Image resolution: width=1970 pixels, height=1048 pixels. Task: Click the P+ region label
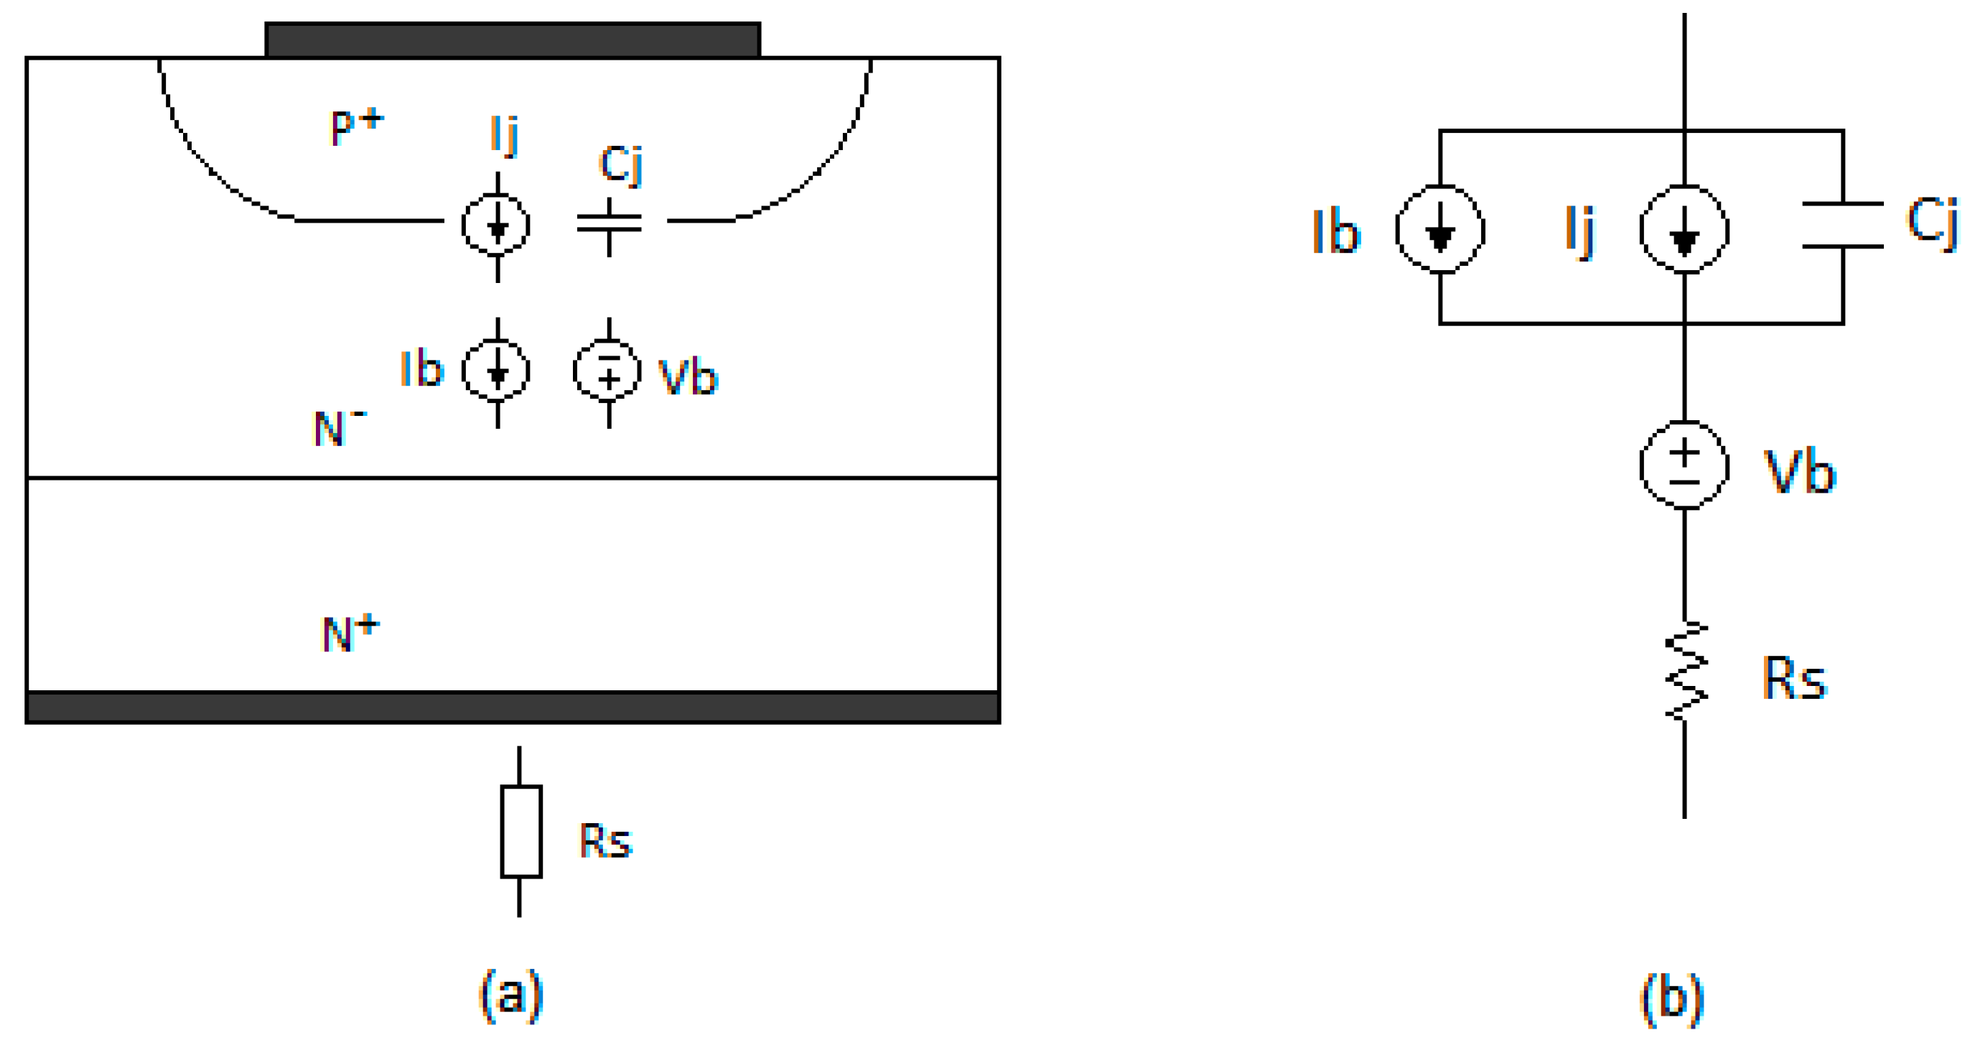click(355, 126)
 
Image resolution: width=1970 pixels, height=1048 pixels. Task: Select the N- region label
click(339, 427)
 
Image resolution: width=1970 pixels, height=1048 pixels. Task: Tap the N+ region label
click(350, 633)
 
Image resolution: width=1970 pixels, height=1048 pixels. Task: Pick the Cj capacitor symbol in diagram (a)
click(609, 223)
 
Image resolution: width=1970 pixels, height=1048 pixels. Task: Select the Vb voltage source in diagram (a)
click(608, 372)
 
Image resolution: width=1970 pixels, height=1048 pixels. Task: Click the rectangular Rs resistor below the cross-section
click(520, 832)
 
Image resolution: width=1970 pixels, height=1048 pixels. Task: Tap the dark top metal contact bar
click(513, 40)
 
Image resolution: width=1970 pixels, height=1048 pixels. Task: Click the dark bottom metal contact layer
click(513, 707)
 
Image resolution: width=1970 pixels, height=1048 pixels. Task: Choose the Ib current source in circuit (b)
click(1440, 229)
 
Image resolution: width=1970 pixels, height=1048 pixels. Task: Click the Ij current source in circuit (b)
click(1684, 229)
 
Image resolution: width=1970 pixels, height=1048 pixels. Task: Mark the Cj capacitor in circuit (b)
click(1842, 226)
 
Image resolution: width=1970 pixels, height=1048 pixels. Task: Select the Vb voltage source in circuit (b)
click(1684, 465)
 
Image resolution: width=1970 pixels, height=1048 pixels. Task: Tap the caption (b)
click(1673, 998)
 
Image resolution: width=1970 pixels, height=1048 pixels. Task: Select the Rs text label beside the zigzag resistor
click(1793, 679)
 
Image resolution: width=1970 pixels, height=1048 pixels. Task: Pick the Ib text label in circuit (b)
click(1336, 231)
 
